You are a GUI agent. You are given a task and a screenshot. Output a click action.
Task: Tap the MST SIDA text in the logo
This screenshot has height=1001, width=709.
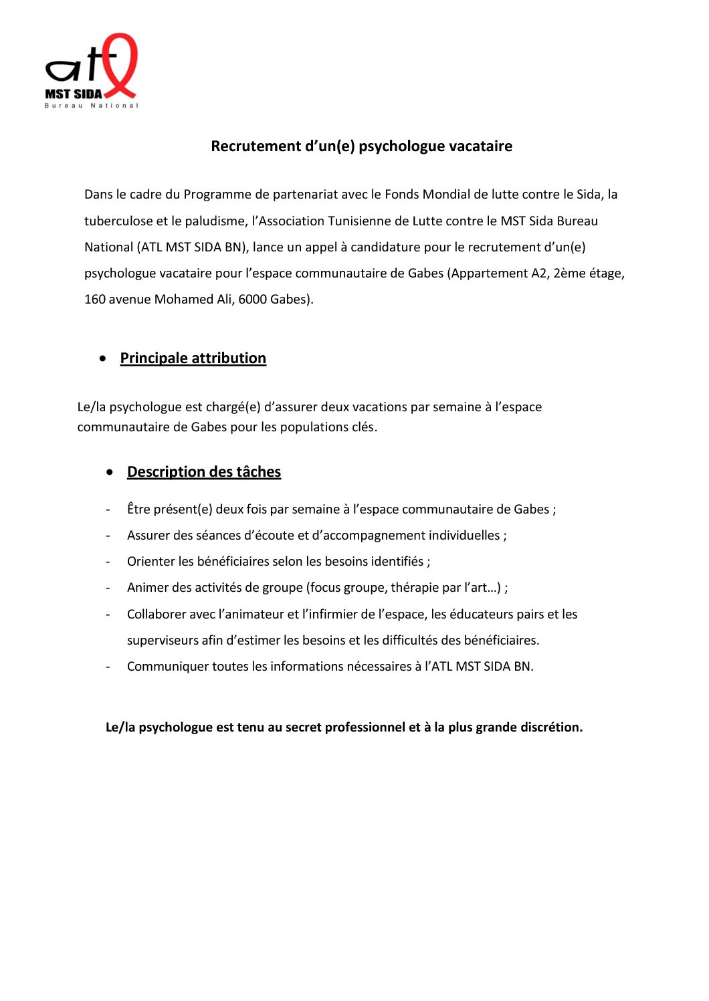point(74,94)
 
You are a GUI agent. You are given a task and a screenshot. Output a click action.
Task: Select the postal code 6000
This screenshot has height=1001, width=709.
point(253,300)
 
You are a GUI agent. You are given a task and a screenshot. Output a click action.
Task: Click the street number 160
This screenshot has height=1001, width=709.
point(95,300)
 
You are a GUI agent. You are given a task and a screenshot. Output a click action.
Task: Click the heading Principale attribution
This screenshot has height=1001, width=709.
point(193,358)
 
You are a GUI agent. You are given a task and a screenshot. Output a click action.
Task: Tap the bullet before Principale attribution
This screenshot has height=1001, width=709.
point(102,358)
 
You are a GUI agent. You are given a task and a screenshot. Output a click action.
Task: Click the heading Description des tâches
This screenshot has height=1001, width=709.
point(203,472)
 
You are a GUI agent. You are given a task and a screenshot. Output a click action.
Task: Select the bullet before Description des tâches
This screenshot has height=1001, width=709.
point(110,472)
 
